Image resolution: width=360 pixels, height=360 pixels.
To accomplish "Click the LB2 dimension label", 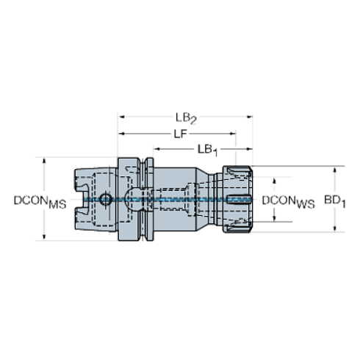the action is click(x=186, y=118).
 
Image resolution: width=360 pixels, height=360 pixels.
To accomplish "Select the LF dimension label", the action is click(x=181, y=134).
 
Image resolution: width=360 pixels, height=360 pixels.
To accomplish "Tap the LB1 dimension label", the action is click(x=208, y=150).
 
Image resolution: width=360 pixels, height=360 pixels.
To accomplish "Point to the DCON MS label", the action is click(x=40, y=202).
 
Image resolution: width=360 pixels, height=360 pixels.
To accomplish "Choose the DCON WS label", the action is click(x=288, y=202).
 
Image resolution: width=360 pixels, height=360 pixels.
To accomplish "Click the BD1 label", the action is click(x=335, y=201).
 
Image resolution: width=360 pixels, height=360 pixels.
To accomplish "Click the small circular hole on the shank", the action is click(x=106, y=199).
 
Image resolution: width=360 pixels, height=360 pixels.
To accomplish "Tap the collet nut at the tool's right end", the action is click(x=237, y=199).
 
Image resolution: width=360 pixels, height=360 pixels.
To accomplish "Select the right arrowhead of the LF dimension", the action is click(x=233, y=134).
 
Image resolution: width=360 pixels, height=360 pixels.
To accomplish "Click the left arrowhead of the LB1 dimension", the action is click(x=156, y=149).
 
